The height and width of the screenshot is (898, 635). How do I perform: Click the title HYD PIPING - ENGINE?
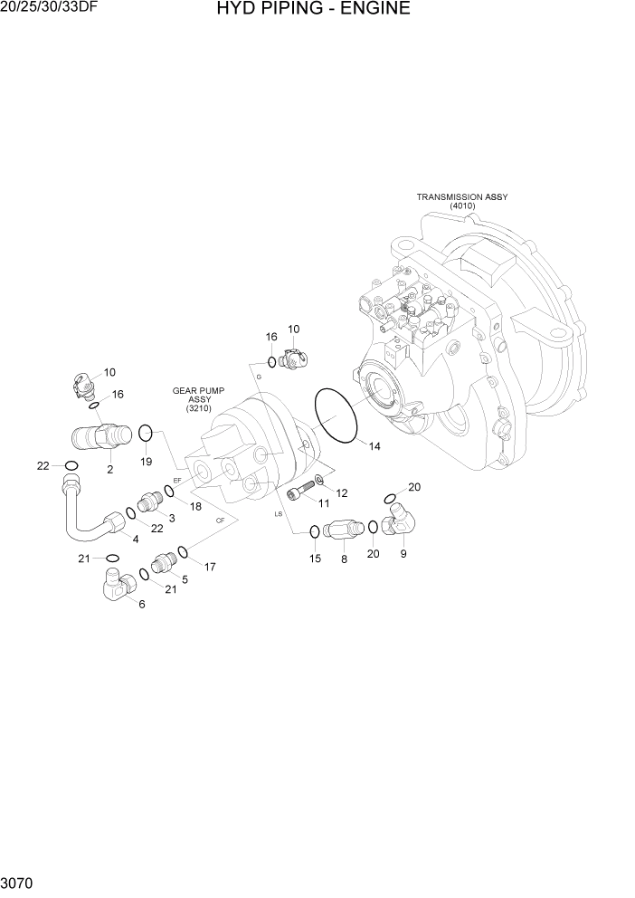pyautogui.click(x=314, y=10)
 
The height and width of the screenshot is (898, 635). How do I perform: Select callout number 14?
pyautogui.click(x=374, y=445)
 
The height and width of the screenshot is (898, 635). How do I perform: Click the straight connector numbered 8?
pyautogui.click(x=341, y=528)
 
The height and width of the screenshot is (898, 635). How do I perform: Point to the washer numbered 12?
pyautogui.click(x=320, y=479)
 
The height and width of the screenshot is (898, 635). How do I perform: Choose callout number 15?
pyautogui.click(x=315, y=558)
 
